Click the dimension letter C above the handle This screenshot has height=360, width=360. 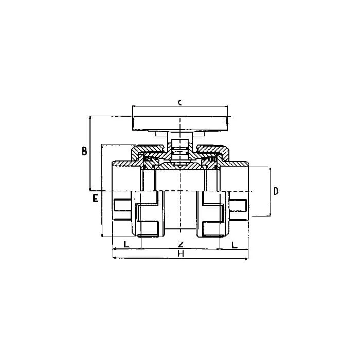[180, 102]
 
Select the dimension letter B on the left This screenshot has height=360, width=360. [84, 151]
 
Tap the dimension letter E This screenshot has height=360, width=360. [95, 198]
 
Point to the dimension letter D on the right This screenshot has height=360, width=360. [276, 191]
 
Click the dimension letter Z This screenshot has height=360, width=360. [181, 244]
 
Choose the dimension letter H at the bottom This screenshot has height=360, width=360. [181, 254]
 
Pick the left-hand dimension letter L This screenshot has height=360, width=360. [127, 244]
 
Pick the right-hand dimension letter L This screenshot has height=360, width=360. [234, 245]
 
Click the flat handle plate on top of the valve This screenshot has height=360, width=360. [180, 123]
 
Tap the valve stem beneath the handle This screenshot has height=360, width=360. [180, 150]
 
